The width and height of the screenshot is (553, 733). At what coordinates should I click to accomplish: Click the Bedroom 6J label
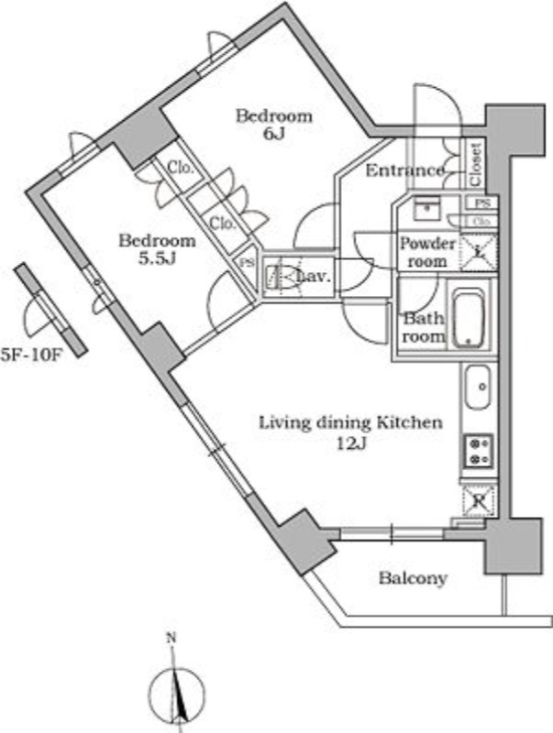[x=273, y=125]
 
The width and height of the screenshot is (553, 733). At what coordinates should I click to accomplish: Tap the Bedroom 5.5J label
[x=158, y=249]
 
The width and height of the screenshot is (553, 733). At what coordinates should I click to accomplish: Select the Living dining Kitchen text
[x=350, y=423]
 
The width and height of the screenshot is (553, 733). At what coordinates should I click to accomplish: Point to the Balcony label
[x=413, y=578]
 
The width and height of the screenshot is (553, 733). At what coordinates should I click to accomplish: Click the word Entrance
[x=404, y=171]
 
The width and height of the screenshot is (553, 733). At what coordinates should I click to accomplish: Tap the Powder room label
[x=426, y=252]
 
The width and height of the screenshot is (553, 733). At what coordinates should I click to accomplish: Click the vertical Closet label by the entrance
[x=476, y=162]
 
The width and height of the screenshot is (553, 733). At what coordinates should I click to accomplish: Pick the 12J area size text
[x=351, y=444]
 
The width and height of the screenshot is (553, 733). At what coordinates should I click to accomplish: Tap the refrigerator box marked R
[x=478, y=499]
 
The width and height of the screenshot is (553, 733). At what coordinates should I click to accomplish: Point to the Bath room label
[x=424, y=328]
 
